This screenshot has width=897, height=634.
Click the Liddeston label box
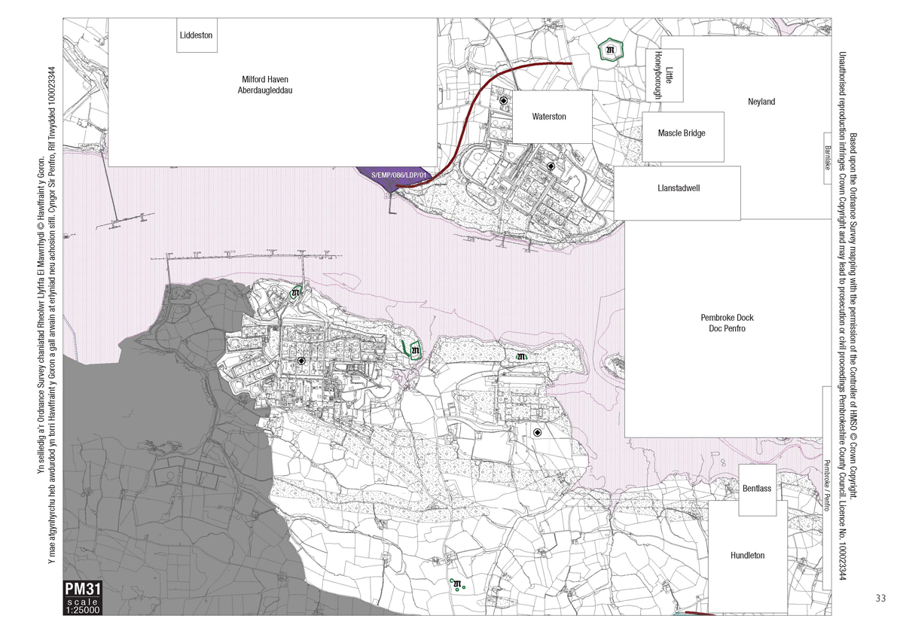197,35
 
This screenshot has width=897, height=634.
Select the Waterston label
549,117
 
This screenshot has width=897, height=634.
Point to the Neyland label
761,102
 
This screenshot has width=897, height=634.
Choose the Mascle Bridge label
681,133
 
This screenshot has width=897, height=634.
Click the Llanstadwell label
678,188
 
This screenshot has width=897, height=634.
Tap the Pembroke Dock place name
726,318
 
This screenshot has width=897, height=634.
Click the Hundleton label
747,556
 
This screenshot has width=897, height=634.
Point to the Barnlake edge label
827,157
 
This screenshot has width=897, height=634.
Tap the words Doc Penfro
726,328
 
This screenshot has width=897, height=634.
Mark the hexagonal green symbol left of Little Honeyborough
610,50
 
